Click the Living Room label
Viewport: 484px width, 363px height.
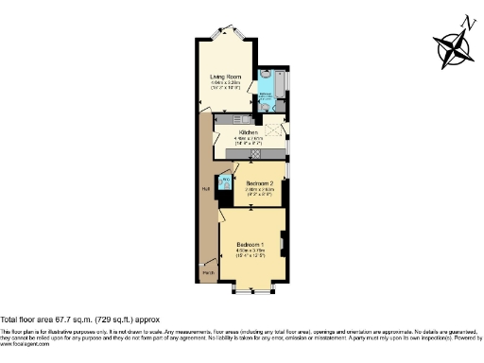[226, 78]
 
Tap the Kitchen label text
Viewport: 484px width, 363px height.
[236, 132]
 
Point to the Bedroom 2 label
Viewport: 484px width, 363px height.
[260, 181]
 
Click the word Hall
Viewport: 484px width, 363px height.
[205, 188]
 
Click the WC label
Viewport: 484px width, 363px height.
[226, 177]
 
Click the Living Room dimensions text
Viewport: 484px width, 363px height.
[226, 84]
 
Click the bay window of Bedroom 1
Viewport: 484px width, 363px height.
[251, 287]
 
